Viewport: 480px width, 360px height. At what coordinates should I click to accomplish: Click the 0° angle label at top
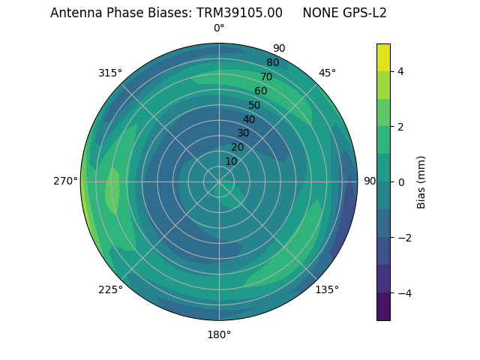tap(219, 28)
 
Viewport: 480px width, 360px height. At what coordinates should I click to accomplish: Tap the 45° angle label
tap(327, 73)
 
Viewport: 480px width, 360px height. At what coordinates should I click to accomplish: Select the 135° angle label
tap(327, 289)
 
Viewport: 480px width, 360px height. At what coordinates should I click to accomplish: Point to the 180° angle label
tap(219, 334)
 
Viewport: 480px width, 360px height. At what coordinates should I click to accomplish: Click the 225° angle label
tap(110, 289)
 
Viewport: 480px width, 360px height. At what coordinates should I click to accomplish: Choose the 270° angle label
tap(65, 181)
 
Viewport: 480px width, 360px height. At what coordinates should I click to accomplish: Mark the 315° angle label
tap(110, 73)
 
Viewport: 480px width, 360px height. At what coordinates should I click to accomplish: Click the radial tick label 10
tap(231, 161)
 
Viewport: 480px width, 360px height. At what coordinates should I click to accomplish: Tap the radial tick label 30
tap(243, 133)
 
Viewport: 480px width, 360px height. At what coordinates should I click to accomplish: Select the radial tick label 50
tap(255, 105)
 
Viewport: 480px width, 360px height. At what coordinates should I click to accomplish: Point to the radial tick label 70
tap(267, 76)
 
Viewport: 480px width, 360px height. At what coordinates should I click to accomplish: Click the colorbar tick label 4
tap(401, 71)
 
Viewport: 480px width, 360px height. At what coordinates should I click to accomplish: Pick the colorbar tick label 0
tap(401, 182)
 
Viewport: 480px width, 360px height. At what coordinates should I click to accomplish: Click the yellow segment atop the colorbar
tap(383, 57)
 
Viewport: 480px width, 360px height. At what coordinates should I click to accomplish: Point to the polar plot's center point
tap(219, 181)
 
